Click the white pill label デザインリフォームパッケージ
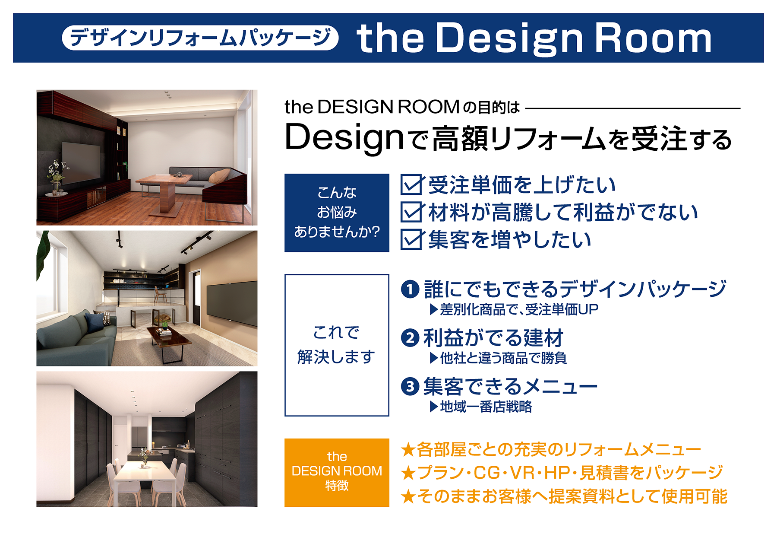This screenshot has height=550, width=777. pyautogui.click(x=200, y=38)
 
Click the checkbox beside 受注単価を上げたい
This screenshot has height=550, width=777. pyautogui.click(x=411, y=185)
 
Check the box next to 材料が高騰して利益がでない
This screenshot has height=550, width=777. pyautogui.click(x=411, y=212)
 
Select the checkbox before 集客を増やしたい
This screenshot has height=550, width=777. pyautogui.click(x=411, y=239)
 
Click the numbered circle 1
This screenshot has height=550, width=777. pyautogui.click(x=410, y=289)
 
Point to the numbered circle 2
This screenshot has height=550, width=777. pyautogui.click(x=410, y=338)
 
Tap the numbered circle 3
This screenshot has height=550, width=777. pyautogui.click(x=410, y=386)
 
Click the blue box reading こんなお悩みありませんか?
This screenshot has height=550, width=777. pyautogui.click(x=337, y=213)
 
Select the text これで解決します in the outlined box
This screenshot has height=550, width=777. pyautogui.click(x=337, y=345)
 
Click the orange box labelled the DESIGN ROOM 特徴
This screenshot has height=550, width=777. pyautogui.click(x=337, y=472)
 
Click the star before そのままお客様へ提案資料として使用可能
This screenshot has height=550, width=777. pyautogui.click(x=408, y=497)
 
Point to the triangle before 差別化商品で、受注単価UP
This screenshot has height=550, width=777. pyautogui.click(x=434, y=309)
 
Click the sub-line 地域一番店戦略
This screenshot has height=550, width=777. pyautogui.click(x=486, y=407)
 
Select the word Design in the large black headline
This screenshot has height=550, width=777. pyautogui.click(x=344, y=137)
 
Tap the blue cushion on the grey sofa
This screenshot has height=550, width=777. pyautogui.click(x=95, y=321)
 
